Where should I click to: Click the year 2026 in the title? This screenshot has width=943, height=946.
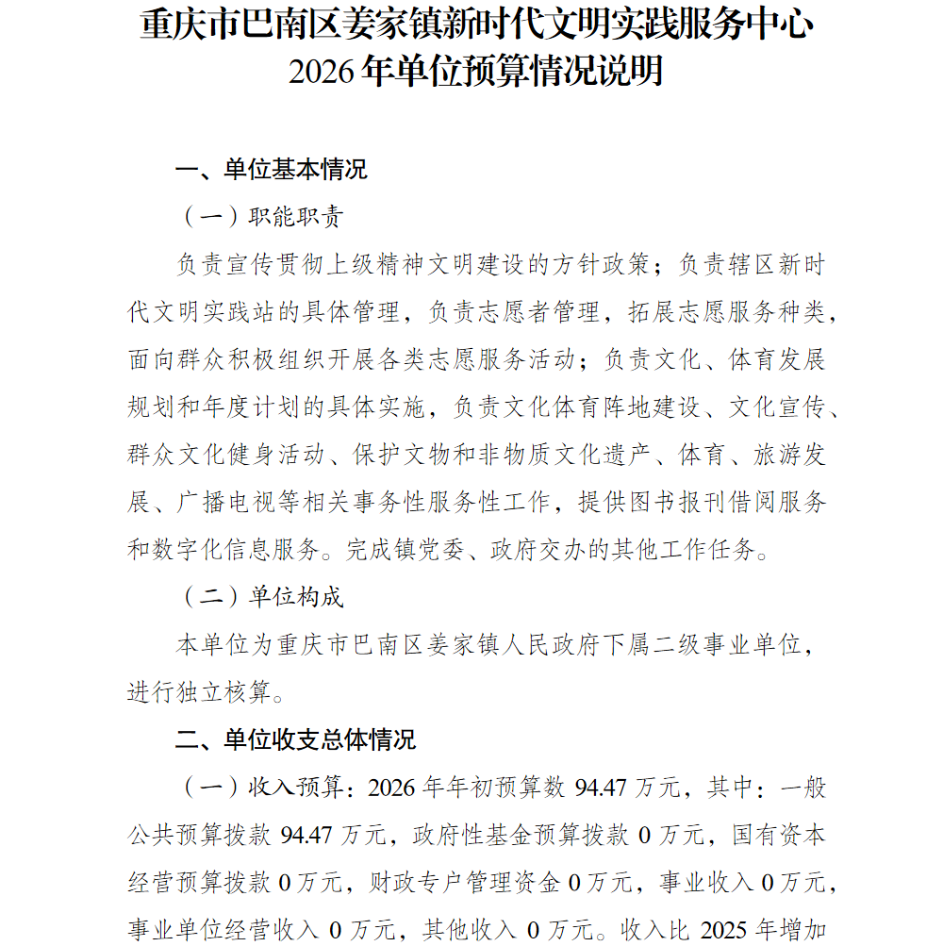323,72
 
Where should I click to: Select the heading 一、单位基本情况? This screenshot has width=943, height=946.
272,170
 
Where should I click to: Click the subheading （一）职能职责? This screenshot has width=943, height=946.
262,217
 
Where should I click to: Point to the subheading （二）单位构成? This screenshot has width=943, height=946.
262,597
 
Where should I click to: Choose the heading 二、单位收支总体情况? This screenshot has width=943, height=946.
296,739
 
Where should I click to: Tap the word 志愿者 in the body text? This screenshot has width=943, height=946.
513,312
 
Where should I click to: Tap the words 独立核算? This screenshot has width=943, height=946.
224,692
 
